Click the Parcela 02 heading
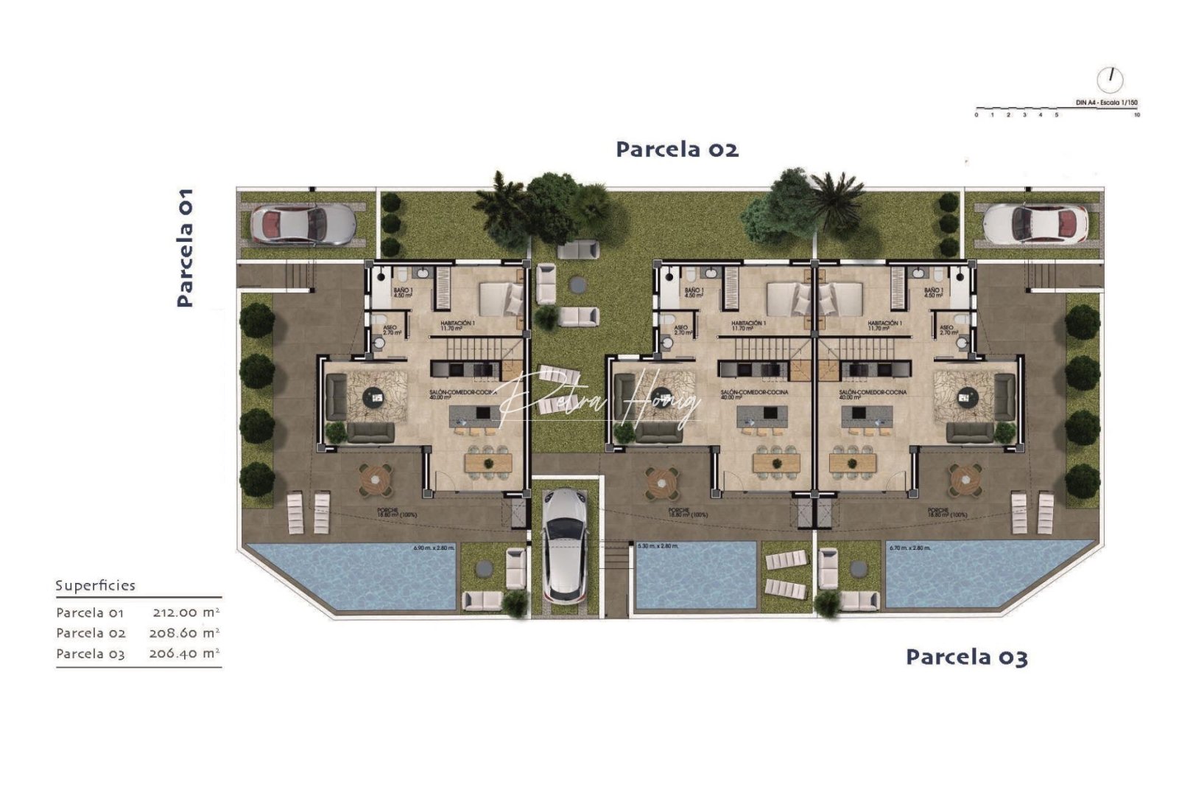pyautogui.click(x=677, y=150)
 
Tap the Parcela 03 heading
pyautogui.click(x=966, y=657)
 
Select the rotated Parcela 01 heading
pyautogui.click(x=185, y=248)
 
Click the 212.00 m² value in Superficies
pyautogui.click(x=186, y=612)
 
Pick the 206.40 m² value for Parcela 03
pyautogui.click(x=184, y=653)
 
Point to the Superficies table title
pyautogui.click(x=96, y=586)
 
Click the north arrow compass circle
pyautogui.click(x=1110, y=79)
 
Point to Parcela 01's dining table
pyautogui.click(x=488, y=462)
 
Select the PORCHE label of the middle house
pyautogui.click(x=678, y=510)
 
